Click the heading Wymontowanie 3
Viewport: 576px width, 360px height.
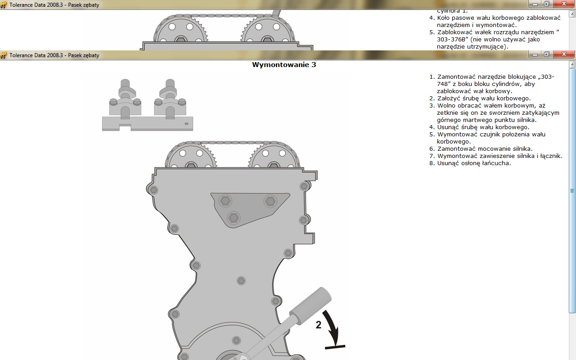(x=284, y=64)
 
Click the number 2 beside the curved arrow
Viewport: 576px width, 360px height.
(x=318, y=325)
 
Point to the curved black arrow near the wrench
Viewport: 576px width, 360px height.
(x=332, y=326)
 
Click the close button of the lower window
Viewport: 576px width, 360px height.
(x=564, y=54)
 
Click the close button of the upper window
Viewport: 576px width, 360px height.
(x=564, y=4)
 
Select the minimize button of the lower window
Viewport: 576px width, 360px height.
(x=535, y=54)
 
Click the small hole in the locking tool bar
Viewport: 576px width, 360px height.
(x=186, y=124)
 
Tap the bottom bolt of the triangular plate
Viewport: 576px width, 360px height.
(x=234, y=218)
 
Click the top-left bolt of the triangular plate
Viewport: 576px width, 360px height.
(x=225, y=201)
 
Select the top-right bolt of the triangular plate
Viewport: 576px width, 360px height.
(x=270, y=201)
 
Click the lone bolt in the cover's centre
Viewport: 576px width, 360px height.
(x=241, y=280)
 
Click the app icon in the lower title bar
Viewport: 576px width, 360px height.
(x=4, y=55)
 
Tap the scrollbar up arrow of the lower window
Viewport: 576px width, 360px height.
(x=572, y=64)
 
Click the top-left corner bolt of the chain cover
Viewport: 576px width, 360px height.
(x=153, y=190)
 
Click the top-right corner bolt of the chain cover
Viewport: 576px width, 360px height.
(x=304, y=186)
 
